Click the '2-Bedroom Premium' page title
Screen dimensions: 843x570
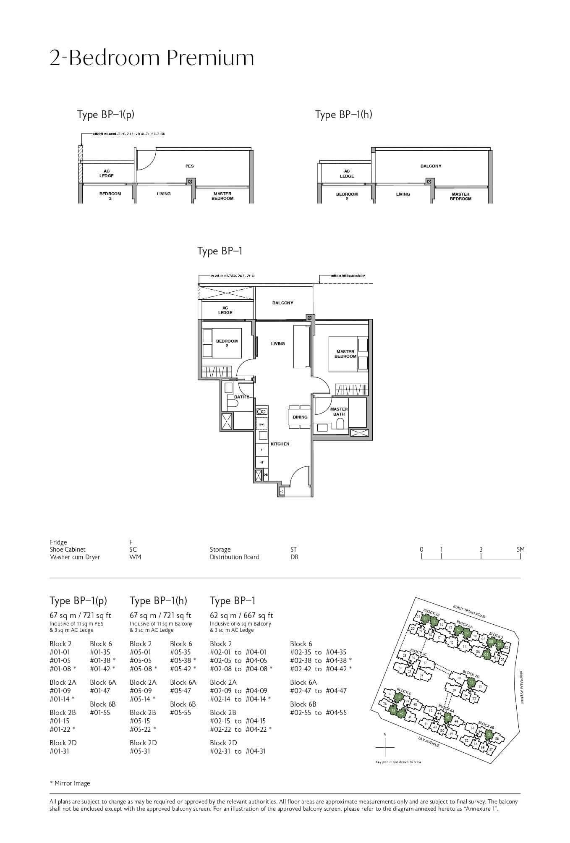pos(152,58)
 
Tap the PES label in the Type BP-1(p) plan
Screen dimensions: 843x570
pos(190,166)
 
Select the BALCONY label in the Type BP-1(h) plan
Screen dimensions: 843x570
pos(431,166)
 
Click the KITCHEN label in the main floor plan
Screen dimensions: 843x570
pos(280,444)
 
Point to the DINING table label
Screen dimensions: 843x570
pos(300,417)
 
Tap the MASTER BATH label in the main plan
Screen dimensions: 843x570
pos(339,412)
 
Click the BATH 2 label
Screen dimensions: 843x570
pos(241,397)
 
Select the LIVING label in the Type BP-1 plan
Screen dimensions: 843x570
pos(278,344)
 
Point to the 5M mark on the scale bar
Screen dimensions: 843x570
pos(520,550)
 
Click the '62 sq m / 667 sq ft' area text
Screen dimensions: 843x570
pos(241,615)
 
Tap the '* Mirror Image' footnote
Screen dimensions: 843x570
pos(70,783)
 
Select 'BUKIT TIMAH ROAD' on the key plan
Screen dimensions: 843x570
pos(469,611)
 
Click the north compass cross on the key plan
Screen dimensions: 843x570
pos(385,748)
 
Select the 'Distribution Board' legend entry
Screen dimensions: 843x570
pos(234,557)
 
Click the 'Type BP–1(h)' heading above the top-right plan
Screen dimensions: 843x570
pos(343,115)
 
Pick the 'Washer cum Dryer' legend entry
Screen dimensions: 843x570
pos(75,557)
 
